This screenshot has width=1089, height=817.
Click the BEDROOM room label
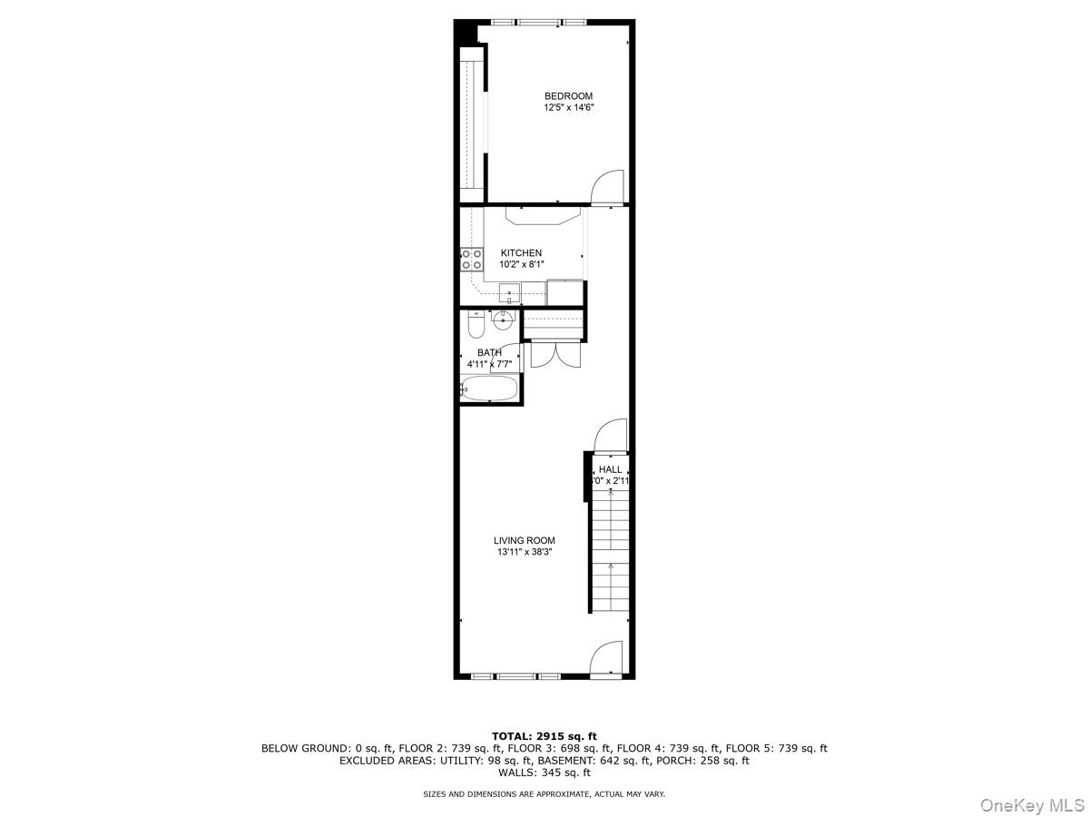568,96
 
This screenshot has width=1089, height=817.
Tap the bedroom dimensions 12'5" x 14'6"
568,108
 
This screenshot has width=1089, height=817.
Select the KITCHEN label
521,253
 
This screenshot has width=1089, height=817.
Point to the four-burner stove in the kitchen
471,260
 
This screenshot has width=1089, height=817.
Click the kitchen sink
510,293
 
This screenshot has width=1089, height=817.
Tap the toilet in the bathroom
475,324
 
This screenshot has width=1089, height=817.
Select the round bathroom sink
503,319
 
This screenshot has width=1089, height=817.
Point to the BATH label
489,353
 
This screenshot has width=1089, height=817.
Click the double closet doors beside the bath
552,353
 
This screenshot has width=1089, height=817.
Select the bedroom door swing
606,187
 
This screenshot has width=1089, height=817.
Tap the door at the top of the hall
609,435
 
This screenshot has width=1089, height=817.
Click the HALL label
611,469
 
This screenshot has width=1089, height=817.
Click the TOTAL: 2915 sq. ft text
544,736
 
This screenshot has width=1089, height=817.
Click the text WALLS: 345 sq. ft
544,773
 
